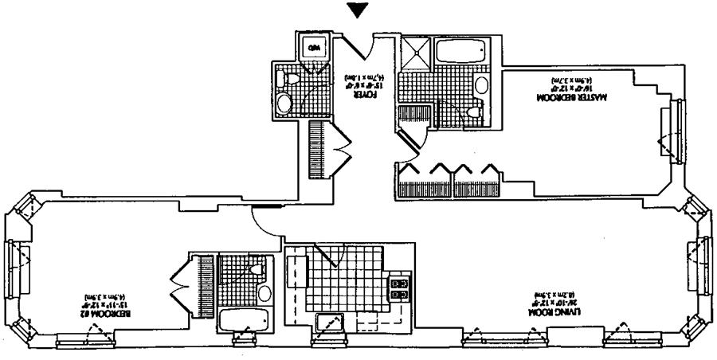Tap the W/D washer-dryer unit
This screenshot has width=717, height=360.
pyautogui.click(x=312, y=47)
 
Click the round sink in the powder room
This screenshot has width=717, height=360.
pyautogui.click(x=284, y=104)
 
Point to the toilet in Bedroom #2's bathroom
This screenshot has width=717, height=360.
pyautogui.click(x=257, y=270)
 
